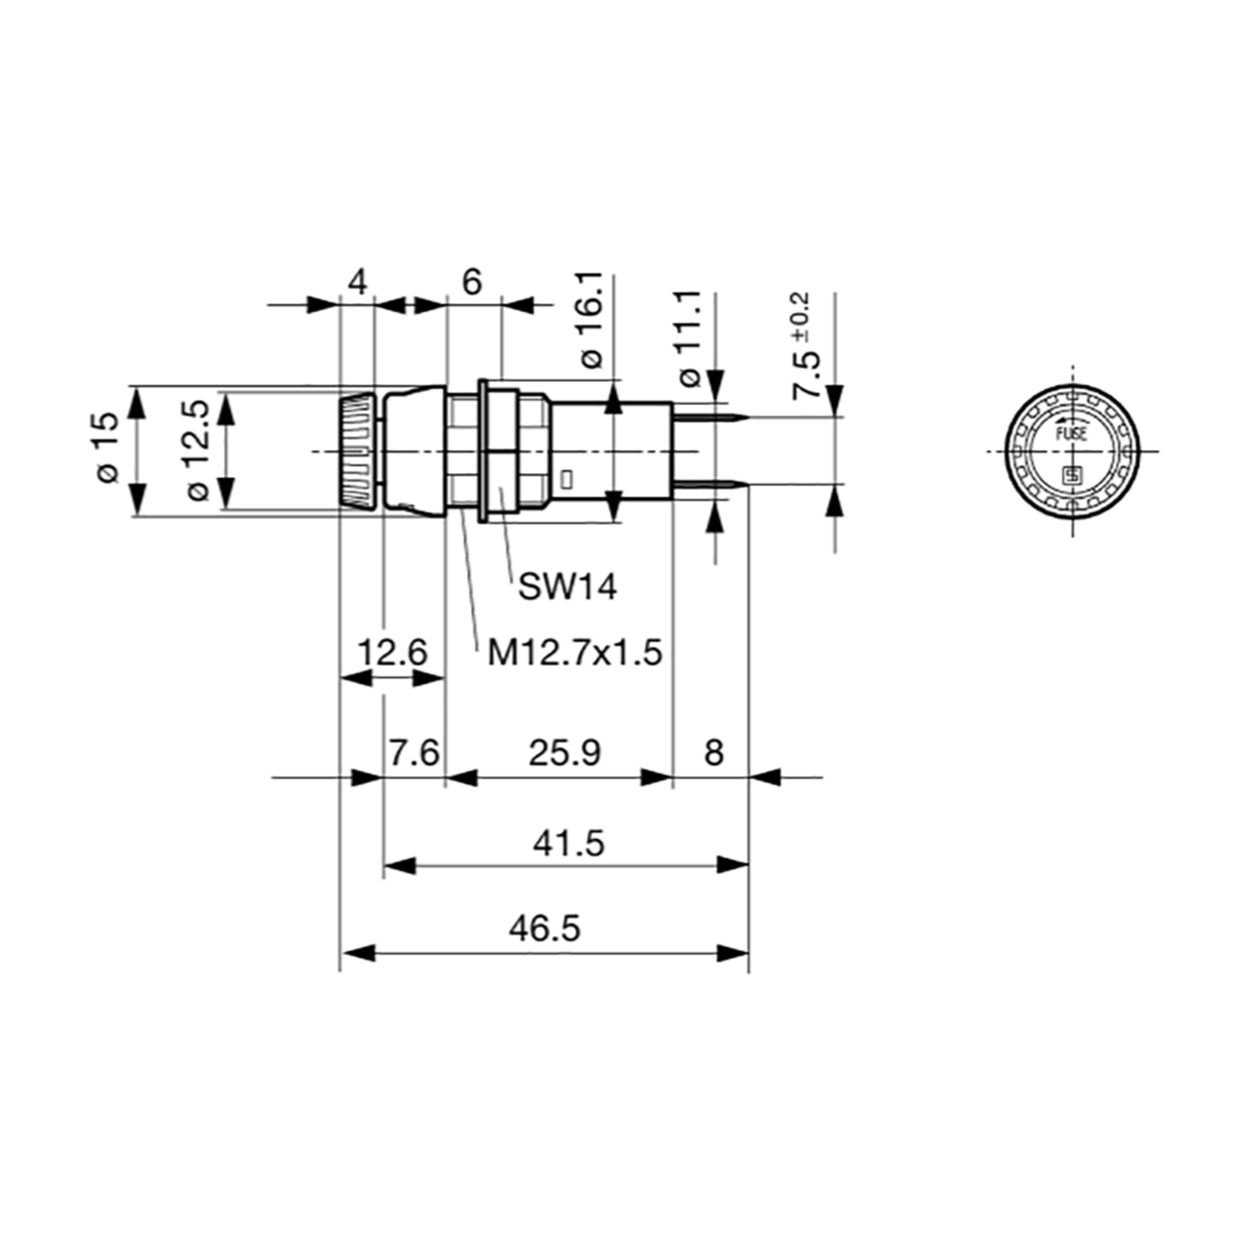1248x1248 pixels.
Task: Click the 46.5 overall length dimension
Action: click(x=544, y=929)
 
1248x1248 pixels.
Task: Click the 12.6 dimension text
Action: click(x=393, y=653)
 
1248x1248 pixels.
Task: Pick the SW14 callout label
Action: click(x=568, y=587)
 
